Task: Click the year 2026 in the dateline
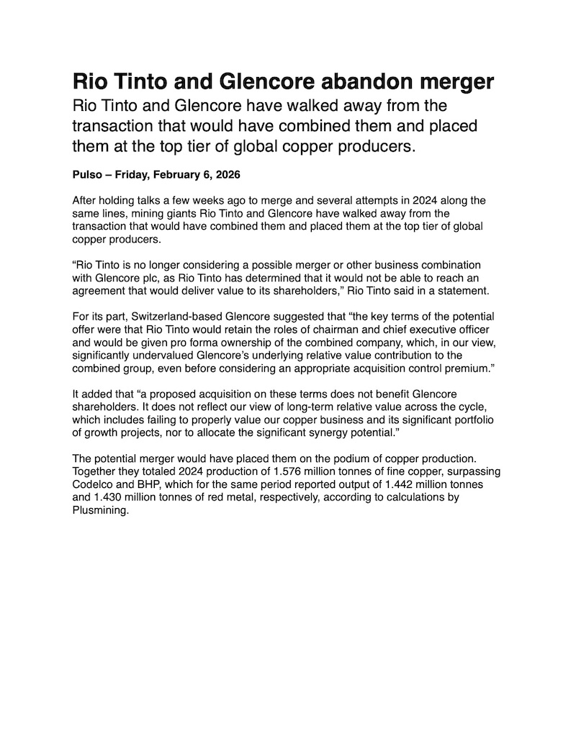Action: [x=226, y=175]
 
